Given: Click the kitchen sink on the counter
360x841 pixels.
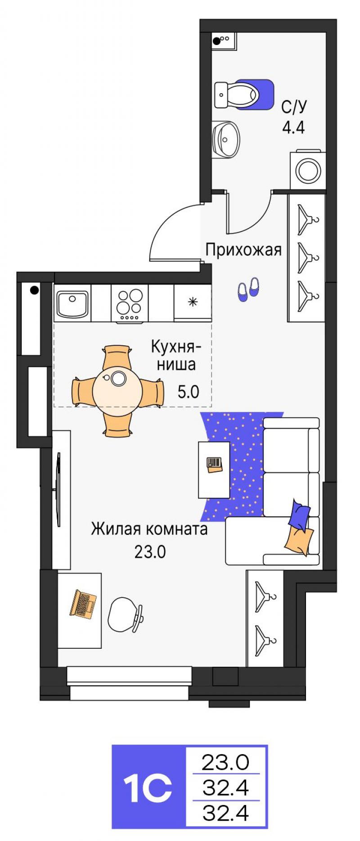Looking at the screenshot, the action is (72, 303).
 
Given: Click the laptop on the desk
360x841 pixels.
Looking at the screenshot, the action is (83, 603).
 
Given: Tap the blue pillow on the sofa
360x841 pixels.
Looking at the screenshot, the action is (300, 513).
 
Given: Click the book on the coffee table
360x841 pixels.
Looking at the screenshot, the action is (214, 464).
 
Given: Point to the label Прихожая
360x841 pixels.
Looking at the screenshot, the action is (243, 249).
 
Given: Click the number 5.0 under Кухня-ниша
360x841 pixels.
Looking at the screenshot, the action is (188, 392).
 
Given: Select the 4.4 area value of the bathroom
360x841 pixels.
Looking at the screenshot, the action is (293, 127).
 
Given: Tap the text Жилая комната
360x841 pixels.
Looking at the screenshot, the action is (149, 529).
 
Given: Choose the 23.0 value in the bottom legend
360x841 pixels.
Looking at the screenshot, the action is (225, 762).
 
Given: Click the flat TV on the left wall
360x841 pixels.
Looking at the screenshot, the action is (58, 488).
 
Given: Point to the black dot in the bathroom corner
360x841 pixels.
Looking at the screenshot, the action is (217, 42).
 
